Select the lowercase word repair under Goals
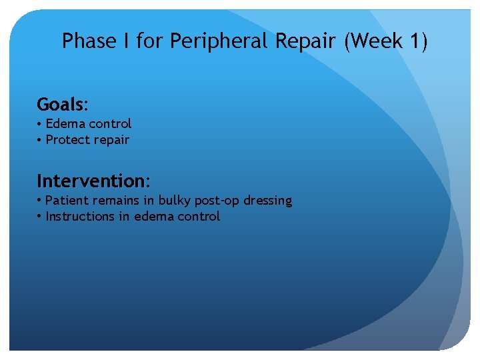111,140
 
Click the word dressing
268,201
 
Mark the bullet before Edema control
40,124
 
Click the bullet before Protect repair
40,140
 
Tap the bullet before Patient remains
40,201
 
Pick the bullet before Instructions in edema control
40,217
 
